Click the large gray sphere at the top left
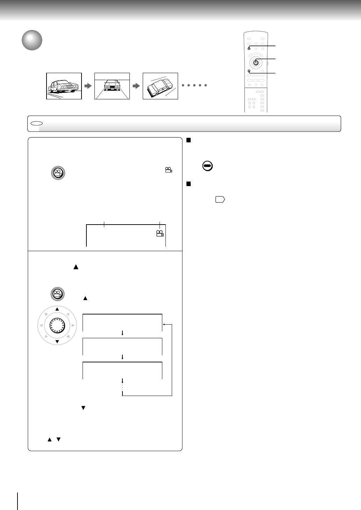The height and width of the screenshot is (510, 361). [x=32, y=40]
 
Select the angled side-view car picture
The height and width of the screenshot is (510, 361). [x=64, y=86]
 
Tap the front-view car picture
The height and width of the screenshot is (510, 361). [x=112, y=86]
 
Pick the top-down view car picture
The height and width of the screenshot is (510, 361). [x=160, y=86]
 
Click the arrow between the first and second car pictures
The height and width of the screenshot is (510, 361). [x=88, y=86]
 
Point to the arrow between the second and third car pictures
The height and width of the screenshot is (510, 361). [x=136, y=86]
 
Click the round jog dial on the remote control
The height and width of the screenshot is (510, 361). [x=256, y=63]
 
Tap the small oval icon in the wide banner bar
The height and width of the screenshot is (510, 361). [x=36, y=123]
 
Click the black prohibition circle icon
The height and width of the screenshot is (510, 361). [x=207, y=166]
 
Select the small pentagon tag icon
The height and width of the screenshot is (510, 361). [x=220, y=199]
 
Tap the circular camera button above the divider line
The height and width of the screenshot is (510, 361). [x=58, y=173]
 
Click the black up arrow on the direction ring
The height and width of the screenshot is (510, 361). [x=57, y=309]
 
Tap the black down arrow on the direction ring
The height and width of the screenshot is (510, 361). [x=57, y=341]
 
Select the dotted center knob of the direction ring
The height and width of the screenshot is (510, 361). [x=57, y=325]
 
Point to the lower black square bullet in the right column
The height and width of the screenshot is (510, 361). [x=188, y=184]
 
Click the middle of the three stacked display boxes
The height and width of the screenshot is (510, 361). [x=122, y=346]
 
